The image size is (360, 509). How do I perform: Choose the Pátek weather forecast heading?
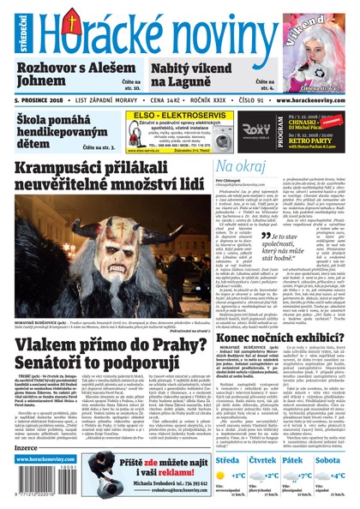pyautogui.click(x=295, y=459)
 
